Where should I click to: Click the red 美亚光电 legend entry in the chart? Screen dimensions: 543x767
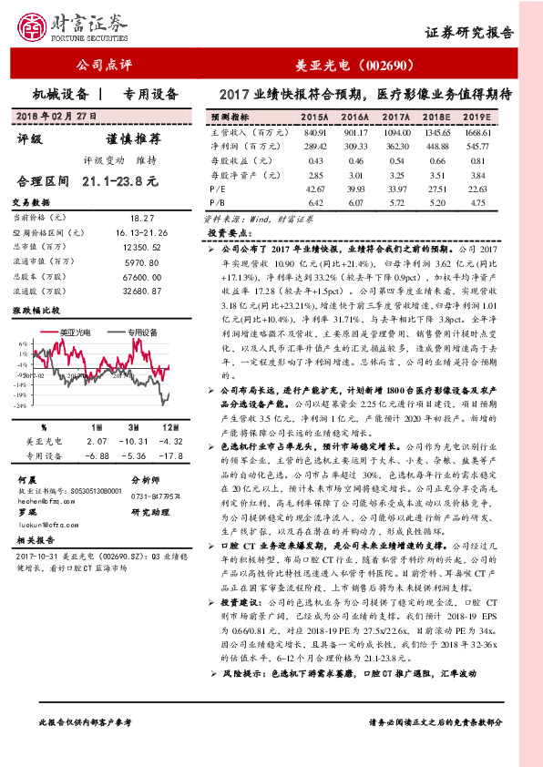point(72,334)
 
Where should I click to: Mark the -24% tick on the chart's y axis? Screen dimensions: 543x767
point(21,406)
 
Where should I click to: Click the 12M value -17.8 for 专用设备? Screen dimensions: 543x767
point(171,455)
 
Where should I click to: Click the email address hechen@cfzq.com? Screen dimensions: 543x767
point(46,500)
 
